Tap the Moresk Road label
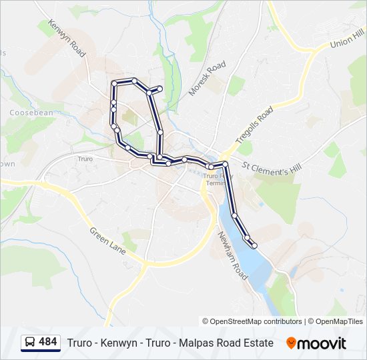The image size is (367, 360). (208, 78)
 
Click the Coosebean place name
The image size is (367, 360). (31, 113)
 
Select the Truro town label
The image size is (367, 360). (85, 159)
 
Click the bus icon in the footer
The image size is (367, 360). (30, 343)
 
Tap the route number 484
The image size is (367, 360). (48, 343)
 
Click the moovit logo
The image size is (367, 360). (316, 343)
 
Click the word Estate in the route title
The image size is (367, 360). (258, 343)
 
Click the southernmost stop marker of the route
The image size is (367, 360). (254, 246)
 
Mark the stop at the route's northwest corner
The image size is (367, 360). (114, 83)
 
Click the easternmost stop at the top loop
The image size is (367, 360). (160, 88)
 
